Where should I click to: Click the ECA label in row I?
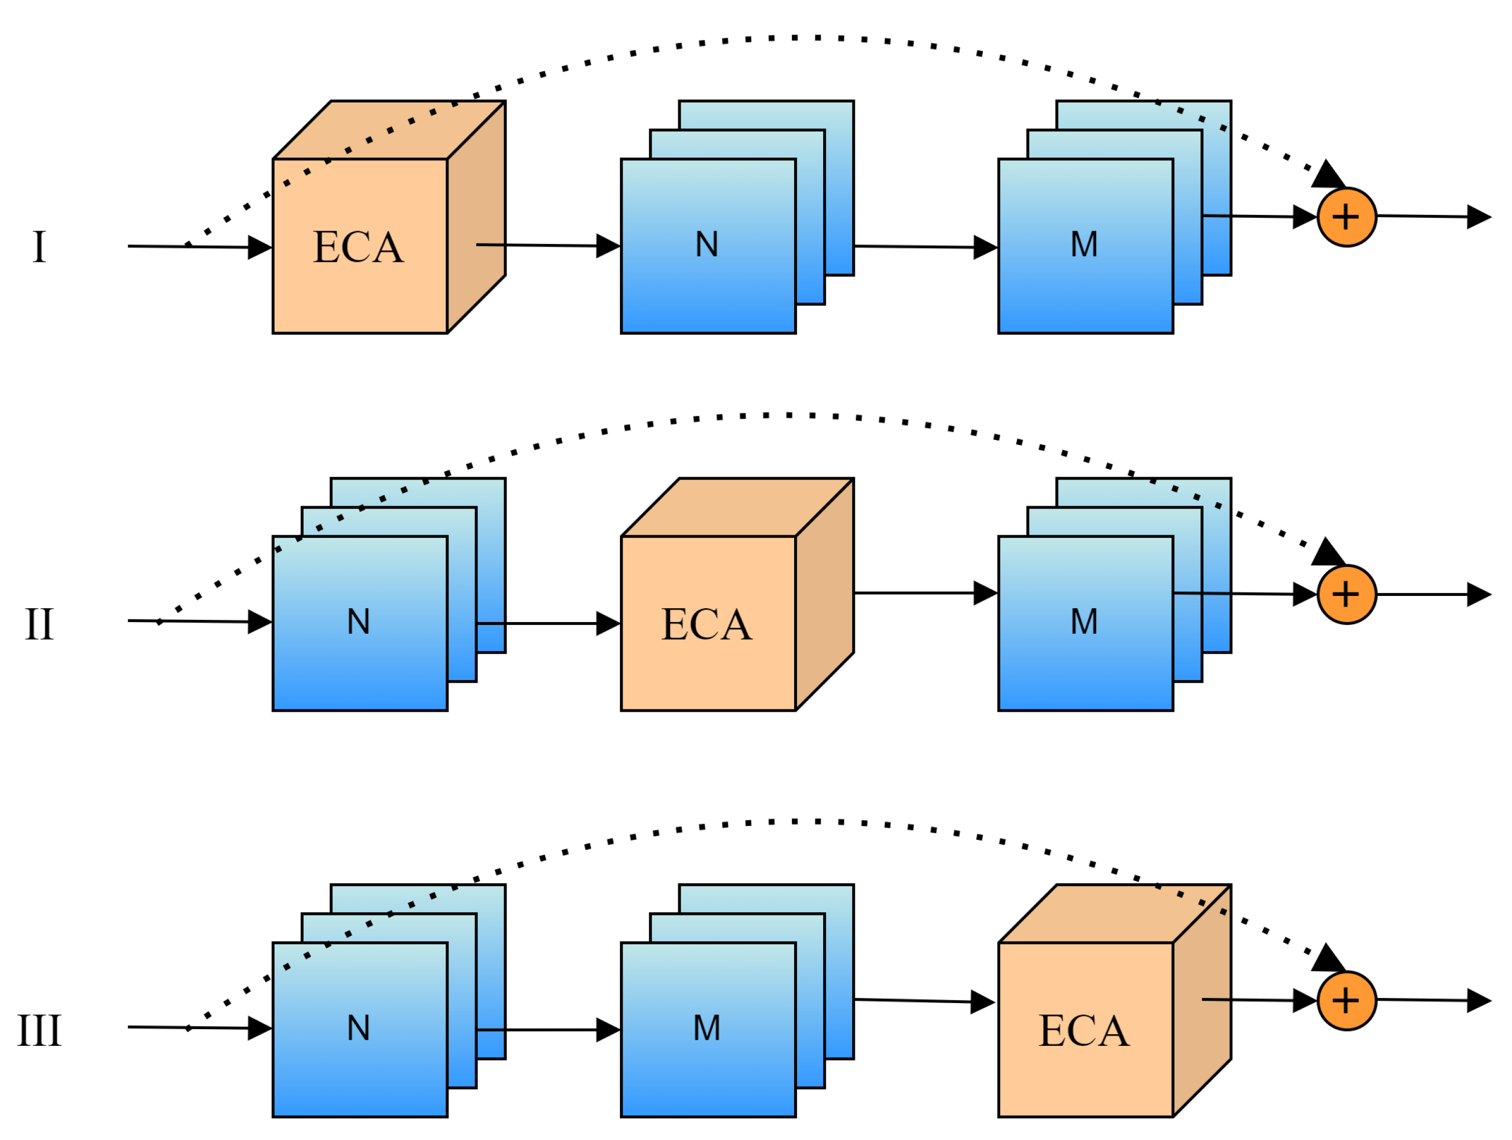pyautogui.click(x=358, y=247)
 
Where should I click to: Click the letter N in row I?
pyautogui.click(x=707, y=244)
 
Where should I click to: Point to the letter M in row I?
pyautogui.click(x=1084, y=244)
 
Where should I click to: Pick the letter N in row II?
pyautogui.click(x=358, y=622)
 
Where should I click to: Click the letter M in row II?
pyautogui.click(x=1084, y=622)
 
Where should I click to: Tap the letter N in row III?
pyautogui.click(x=358, y=1028)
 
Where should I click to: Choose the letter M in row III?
pyautogui.click(x=707, y=1028)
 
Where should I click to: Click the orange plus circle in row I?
pyautogui.click(x=1346, y=217)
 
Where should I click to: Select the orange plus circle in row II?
pyautogui.click(x=1346, y=594)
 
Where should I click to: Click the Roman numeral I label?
pyautogui.click(x=39, y=247)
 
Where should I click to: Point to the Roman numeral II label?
pyautogui.click(x=39, y=624)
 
